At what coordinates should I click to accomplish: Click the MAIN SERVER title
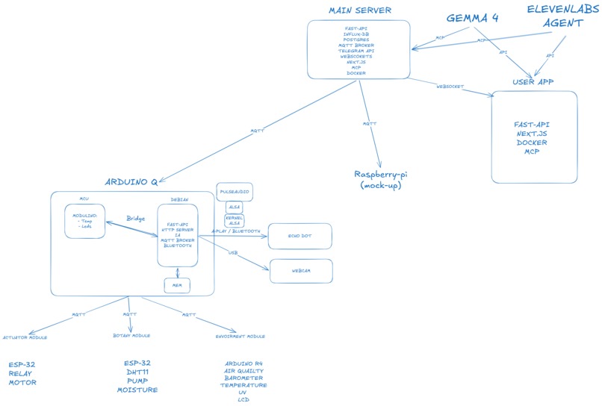pos(360,10)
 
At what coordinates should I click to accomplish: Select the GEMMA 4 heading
pos(472,17)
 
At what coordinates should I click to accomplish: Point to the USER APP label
pos(533,81)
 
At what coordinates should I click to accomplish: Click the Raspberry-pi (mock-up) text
pos(381,179)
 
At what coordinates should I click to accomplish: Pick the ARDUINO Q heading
pos(131,181)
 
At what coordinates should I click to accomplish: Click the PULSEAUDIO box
pos(235,192)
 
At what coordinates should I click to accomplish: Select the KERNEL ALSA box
pos(235,220)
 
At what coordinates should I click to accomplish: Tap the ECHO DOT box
pos(300,236)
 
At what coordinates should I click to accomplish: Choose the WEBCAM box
pos(301,271)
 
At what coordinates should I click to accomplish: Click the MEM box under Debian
pos(177,285)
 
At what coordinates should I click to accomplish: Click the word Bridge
pos(135,219)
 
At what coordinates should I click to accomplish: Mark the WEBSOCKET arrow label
pos(450,87)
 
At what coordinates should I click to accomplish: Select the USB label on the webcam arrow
pos(232,253)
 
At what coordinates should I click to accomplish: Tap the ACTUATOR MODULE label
pos(25,337)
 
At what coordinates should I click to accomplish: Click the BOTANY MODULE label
pos(131,336)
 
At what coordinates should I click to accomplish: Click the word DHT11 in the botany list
pos(137,372)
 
